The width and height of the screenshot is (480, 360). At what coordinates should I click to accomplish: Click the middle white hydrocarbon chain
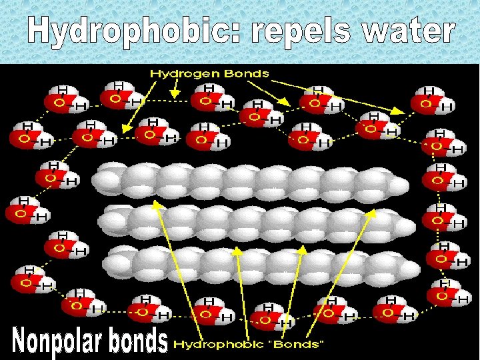pos(257,221)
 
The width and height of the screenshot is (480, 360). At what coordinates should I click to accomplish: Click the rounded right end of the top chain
pos(400,184)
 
